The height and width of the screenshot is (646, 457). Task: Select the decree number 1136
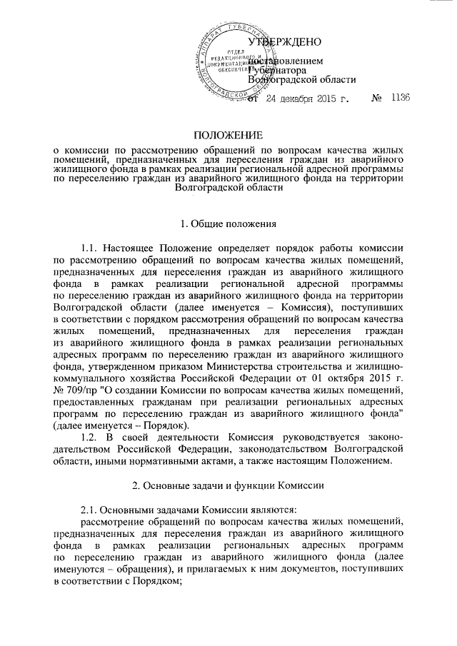pos(400,99)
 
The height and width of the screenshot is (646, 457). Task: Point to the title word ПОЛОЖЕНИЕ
pos(228,136)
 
